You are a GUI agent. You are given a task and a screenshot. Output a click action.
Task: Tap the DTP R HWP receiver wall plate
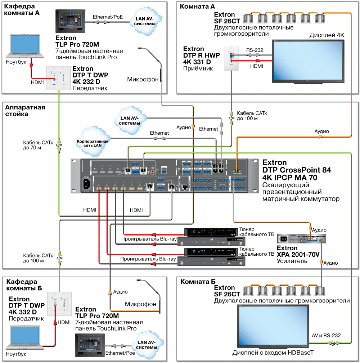coord(230,59)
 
